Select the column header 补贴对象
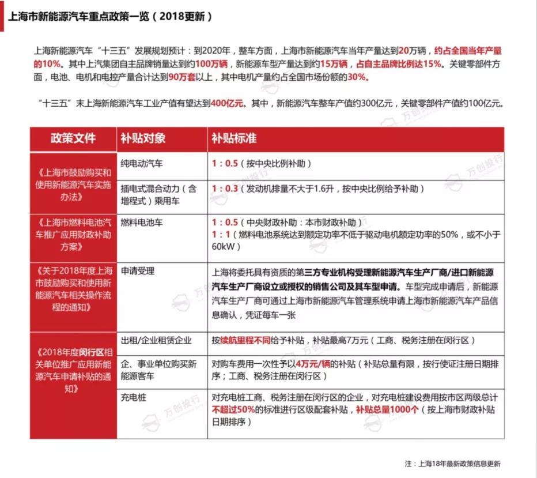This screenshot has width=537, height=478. point(143,139)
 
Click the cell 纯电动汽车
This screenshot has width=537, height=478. point(142,164)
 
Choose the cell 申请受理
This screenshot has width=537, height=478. point(138,270)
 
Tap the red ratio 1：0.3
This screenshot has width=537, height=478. point(225,189)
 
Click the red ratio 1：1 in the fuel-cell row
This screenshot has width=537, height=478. point(221,234)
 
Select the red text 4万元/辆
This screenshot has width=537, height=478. point(314,364)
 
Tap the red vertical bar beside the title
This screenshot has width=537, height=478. point(3,16)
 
